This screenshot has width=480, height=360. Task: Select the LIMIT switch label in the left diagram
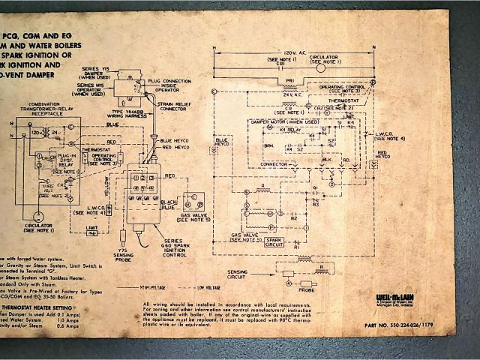tap(91, 226)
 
